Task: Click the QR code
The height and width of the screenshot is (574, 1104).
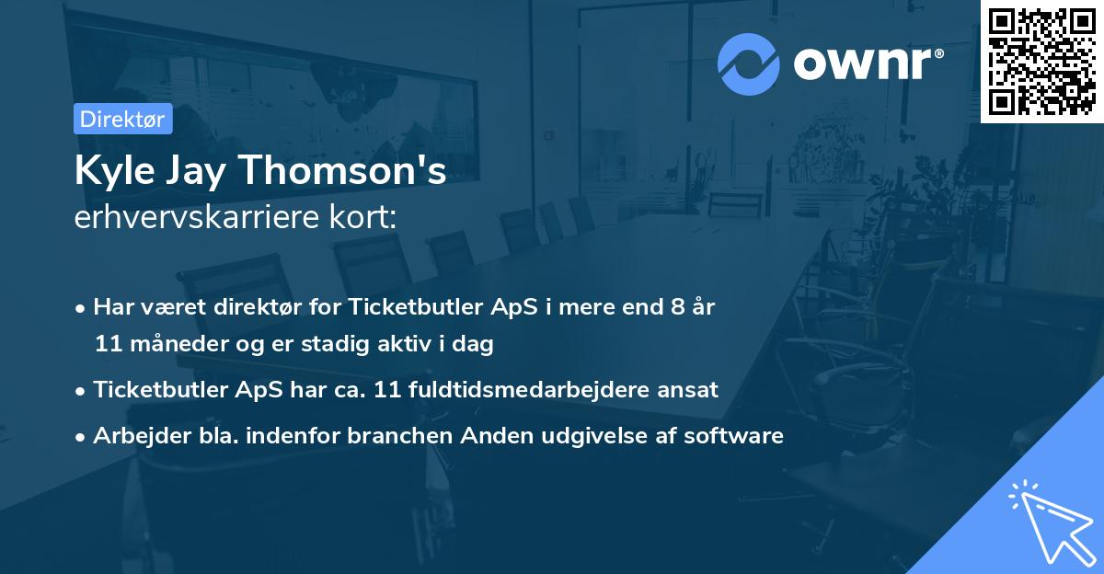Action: [x=1042, y=61]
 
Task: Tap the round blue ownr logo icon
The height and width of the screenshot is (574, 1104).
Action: [x=748, y=63]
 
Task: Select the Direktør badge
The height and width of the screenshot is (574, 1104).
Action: [x=122, y=119]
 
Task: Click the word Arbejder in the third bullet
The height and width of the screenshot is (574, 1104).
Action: [x=135, y=435]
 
